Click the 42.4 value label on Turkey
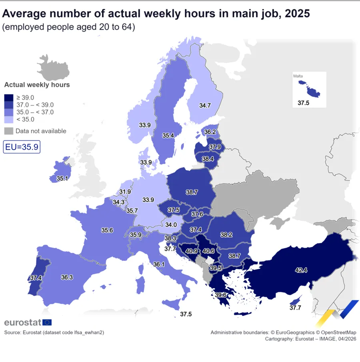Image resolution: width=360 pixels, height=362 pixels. tap(301, 270)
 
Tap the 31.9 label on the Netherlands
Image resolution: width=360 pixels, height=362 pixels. tap(125, 192)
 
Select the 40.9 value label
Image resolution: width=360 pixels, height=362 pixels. tap(192, 251)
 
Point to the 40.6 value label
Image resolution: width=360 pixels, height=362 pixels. tap(208, 251)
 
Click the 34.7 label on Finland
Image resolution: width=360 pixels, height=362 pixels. tap(205, 106)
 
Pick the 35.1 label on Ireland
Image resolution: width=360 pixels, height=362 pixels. tap(62, 178)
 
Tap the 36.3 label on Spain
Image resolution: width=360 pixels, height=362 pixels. tap(67, 277)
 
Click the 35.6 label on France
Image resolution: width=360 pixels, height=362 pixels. tap(107, 230)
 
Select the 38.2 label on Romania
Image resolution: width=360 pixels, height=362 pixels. tap(226, 235)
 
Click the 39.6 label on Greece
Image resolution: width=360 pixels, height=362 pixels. tap(221, 295)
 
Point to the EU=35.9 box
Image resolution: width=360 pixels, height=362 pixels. tap(22, 147)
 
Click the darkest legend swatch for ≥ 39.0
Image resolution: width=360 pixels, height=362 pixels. tap(9, 98)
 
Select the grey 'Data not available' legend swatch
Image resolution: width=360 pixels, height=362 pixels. tap(9, 131)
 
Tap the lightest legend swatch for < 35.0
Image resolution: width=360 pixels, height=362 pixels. tap(9, 119)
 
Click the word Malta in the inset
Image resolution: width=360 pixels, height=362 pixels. tap(298, 76)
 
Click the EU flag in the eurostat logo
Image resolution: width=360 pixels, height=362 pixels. tap(47, 322)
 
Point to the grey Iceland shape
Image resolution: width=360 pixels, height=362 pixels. tap(53, 68)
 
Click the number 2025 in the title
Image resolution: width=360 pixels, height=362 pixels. tap(297, 13)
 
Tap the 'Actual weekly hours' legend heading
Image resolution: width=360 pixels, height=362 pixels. tap(37, 85)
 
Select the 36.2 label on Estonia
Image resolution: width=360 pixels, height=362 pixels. tap(210, 132)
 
